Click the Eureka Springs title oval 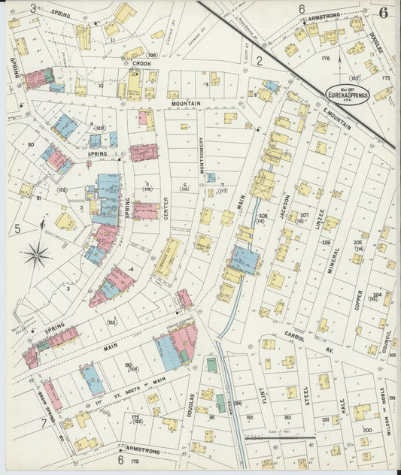pyautogui.click(x=347, y=94)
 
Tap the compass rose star pyautogui.click(x=36, y=256)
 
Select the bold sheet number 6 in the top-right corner pyautogui.click(x=384, y=13)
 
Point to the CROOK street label pyautogui.click(x=141, y=65)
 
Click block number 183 pyautogui.click(x=287, y=416)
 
